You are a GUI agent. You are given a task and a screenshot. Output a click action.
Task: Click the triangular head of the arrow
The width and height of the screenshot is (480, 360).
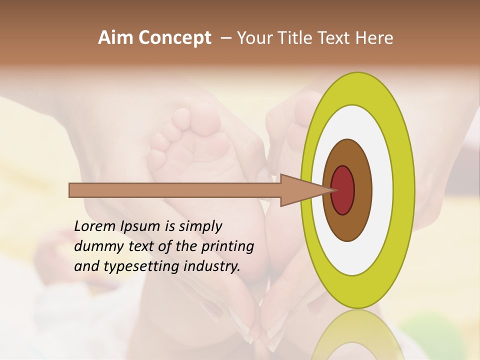point(300,190)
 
